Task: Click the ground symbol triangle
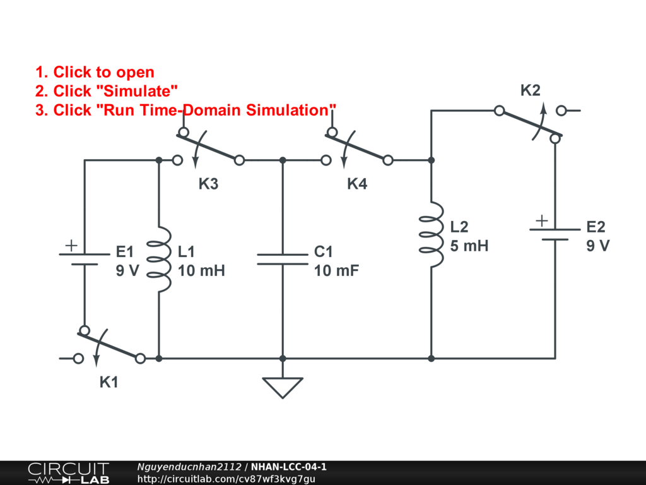[x=283, y=386]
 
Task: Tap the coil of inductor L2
[x=431, y=234]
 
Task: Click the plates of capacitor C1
[x=283, y=260]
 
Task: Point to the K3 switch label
[x=208, y=184]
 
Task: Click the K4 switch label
[x=357, y=184]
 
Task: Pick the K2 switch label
[x=530, y=90]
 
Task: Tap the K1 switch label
[x=109, y=382]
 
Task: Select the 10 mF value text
[x=336, y=272]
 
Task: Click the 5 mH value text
[x=469, y=246]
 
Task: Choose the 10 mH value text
[x=201, y=272]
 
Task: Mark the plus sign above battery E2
[x=541, y=220]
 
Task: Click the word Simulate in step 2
[x=114, y=91]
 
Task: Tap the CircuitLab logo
[x=68, y=473]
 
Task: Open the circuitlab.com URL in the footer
[x=226, y=479]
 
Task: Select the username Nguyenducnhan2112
[x=189, y=467]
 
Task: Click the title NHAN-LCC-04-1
[x=288, y=467]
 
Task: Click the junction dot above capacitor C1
[x=283, y=160]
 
